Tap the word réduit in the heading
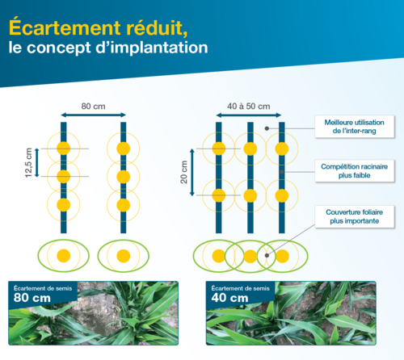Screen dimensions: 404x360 click(x=157, y=27)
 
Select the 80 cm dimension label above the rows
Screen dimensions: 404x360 click(x=93, y=107)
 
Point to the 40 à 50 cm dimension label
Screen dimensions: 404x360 click(x=249, y=107)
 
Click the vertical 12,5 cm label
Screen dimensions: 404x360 click(x=28, y=162)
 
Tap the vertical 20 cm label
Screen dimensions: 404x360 click(x=183, y=172)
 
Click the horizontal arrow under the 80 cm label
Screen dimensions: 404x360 click(x=93, y=115)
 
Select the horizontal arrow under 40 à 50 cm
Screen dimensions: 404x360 click(x=249, y=115)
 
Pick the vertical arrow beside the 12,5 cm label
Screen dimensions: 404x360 click(x=37, y=162)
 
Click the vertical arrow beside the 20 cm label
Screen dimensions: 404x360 click(x=192, y=172)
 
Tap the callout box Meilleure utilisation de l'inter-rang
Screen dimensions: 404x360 click(x=355, y=127)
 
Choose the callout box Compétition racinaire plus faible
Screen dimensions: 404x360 click(x=355, y=171)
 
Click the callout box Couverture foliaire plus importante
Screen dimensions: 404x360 click(x=355, y=216)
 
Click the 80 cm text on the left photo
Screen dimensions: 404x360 click(x=32, y=298)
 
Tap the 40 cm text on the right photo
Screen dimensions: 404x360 click(x=229, y=298)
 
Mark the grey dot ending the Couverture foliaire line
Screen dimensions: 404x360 click(x=267, y=255)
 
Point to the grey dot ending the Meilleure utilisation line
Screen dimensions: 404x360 click(x=267, y=128)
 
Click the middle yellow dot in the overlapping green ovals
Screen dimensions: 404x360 click(x=250, y=256)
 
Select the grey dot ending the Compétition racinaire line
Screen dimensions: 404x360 click(x=282, y=172)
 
